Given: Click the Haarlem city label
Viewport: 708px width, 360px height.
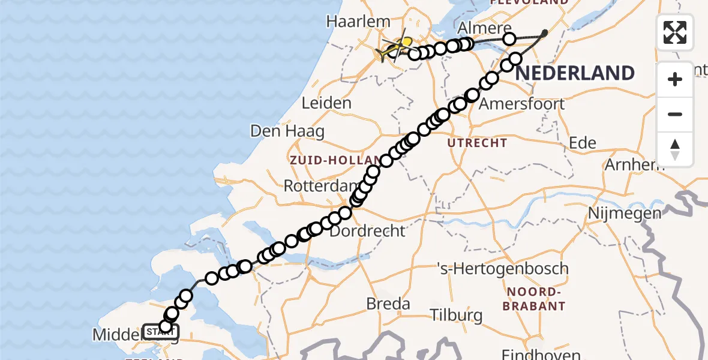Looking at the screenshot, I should click(x=358, y=22).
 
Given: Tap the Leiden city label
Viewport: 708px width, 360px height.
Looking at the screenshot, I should click(x=326, y=103).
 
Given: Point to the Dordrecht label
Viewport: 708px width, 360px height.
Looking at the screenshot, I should click(x=367, y=230).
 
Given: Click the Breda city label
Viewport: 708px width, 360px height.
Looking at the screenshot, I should click(x=388, y=304).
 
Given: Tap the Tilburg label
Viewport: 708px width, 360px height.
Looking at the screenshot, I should click(x=457, y=315).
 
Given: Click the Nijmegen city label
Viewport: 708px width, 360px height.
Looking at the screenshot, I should click(x=625, y=213).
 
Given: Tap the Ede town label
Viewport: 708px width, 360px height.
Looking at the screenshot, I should click(x=583, y=142).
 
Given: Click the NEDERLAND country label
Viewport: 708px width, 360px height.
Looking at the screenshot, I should click(x=575, y=73).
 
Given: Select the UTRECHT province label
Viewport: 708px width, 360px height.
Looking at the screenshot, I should click(x=478, y=143).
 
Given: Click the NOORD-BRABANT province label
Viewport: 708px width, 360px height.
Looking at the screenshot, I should click(x=536, y=299).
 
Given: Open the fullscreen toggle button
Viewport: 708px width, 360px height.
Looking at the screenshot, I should click(x=675, y=32).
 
